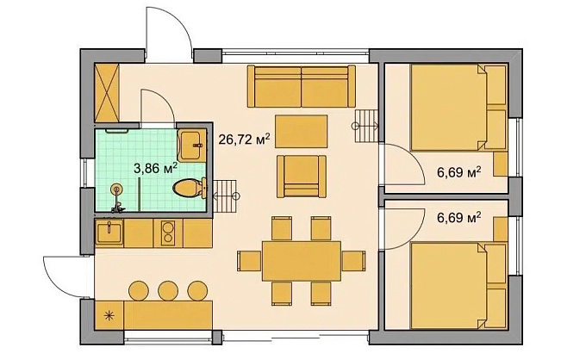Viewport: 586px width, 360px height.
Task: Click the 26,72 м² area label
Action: [x=244, y=140]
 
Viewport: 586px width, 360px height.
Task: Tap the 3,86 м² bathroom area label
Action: [x=155, y=168]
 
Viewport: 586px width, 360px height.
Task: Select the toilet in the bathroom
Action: [x=190, y=188]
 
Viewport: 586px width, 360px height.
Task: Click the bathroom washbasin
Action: [x=191, y=145]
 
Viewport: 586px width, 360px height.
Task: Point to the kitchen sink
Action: [x=109, y=233]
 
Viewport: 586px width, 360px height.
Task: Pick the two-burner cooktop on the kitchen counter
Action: [x=168, y=233]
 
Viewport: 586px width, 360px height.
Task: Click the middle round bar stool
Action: [x=168, y=290]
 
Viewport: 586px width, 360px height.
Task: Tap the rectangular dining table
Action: [x=302, y=261]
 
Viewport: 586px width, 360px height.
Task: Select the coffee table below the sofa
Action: [x=302, y=132]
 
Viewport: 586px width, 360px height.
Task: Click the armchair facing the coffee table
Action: [x=302, y=177]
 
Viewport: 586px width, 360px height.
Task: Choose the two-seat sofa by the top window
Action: [x=302, y=86]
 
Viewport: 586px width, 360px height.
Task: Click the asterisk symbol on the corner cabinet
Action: [x=109, y=316]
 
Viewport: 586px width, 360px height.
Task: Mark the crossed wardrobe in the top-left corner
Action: [x=107, y=93]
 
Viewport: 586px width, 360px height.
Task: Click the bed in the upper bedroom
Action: [x=458, y=108]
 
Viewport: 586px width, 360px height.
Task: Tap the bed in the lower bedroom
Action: [x=458, y=286]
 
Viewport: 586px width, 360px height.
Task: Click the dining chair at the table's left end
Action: [x=249, y=261]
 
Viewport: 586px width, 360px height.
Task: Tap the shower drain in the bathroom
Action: [x=117, y=189]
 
